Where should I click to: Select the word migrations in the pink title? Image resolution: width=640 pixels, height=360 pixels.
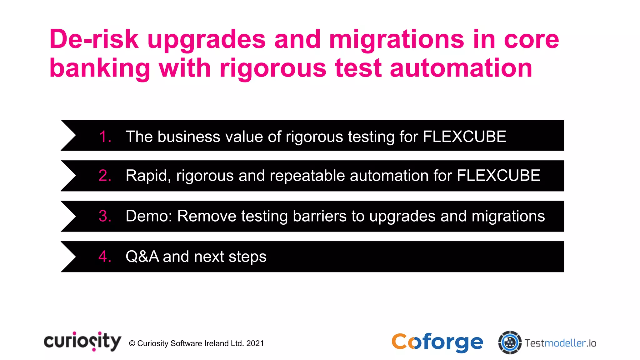397,40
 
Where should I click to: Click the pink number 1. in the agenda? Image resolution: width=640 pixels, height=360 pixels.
105,137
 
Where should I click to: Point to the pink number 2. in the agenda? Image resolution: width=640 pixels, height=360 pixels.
105,176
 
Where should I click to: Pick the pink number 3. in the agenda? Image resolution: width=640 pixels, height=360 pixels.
105,216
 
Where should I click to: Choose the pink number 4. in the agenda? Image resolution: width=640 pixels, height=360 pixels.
105,257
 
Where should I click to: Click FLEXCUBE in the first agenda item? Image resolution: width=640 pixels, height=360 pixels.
464,137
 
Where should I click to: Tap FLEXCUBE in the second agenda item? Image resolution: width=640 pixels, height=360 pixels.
498,175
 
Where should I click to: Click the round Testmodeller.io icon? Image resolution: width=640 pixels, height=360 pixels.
510,342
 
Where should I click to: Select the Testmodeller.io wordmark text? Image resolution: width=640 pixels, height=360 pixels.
560,343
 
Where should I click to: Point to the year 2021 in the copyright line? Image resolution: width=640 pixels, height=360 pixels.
255,343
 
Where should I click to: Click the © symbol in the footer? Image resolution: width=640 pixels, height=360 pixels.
132,343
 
